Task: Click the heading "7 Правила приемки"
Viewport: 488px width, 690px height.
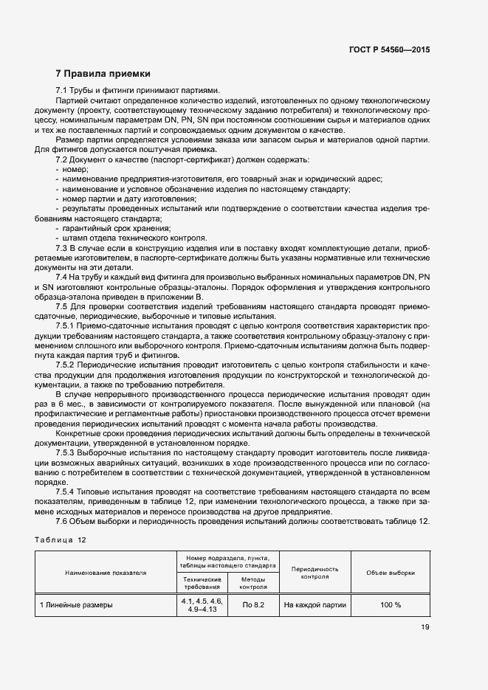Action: pos(103,74)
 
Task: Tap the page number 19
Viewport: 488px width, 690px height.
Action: pos(425,627)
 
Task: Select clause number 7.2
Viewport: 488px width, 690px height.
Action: pos(64,159)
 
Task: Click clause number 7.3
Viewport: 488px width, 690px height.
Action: pos(64,249)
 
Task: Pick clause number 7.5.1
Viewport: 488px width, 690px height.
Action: pos(68,325)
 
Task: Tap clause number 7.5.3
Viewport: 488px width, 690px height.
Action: pos(68,451)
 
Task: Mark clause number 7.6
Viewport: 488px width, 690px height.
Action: pos(64,521)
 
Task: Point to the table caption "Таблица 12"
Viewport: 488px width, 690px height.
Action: pos(61,539)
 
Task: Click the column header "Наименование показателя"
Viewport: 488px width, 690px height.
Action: pos(106,572)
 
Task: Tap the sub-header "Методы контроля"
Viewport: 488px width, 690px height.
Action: pos(254,583)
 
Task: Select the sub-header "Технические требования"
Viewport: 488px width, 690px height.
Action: pos(202,583)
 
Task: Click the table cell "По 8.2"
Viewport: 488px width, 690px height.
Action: pos(254,605)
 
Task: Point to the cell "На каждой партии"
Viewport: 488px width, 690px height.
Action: pos(315,605)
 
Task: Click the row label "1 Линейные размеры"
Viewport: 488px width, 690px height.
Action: pos(76,605)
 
